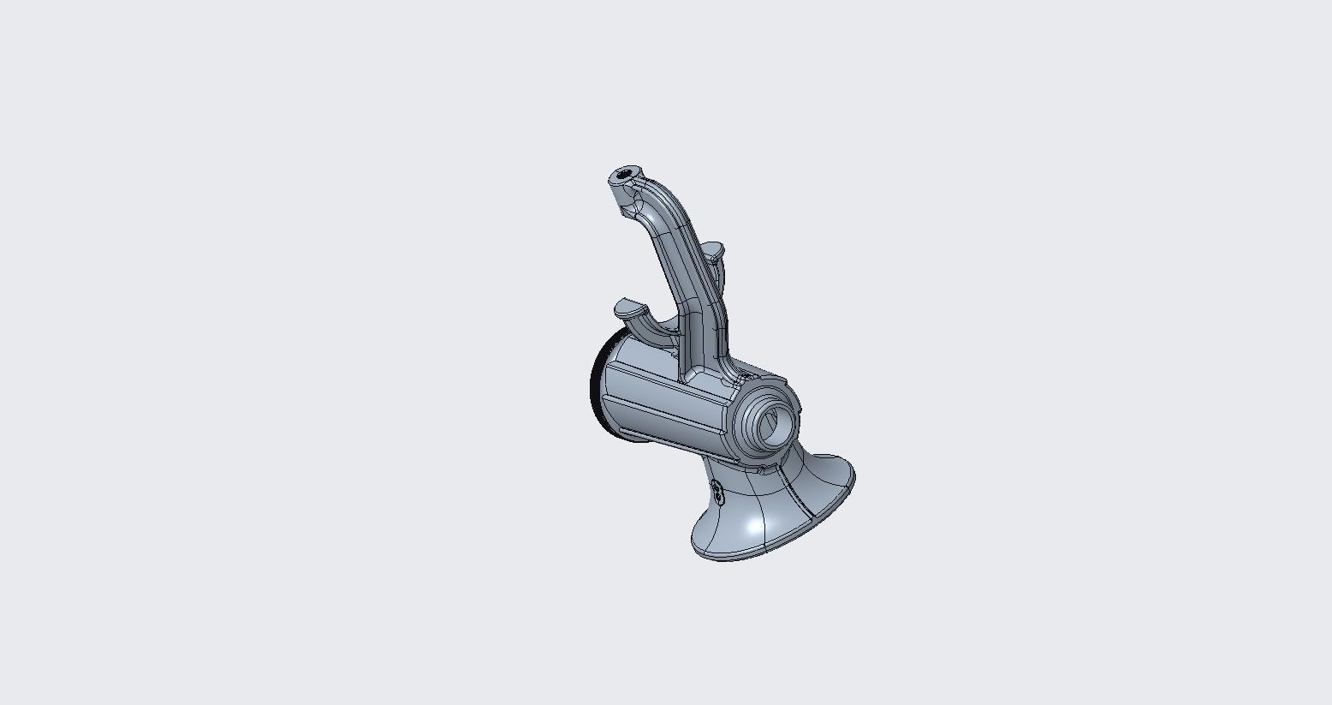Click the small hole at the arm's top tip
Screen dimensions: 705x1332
click(x=624, y=177)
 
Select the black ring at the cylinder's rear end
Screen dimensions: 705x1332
click(x=596, y=377)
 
